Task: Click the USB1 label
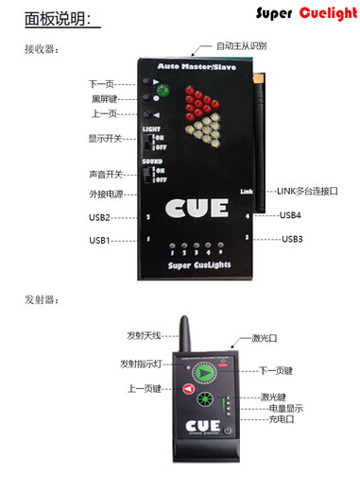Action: coord(100,241)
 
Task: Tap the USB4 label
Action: coord(290,214)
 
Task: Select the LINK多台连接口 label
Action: coord(307,191)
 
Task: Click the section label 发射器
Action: coord(41,298)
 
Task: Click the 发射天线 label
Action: coord(144,335)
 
